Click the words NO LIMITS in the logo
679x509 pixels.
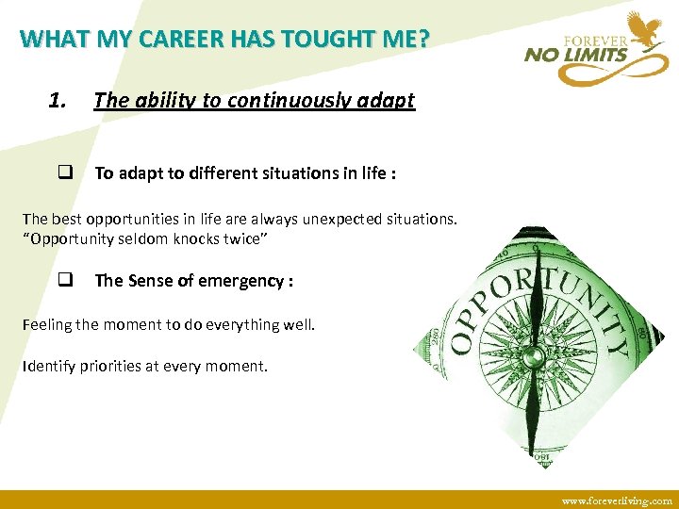point(576,55)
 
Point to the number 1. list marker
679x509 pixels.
point(58,100)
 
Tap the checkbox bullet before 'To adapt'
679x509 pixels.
point(66,172)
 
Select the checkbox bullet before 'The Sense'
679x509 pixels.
point(66,280)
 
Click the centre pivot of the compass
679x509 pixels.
point(534,357)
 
